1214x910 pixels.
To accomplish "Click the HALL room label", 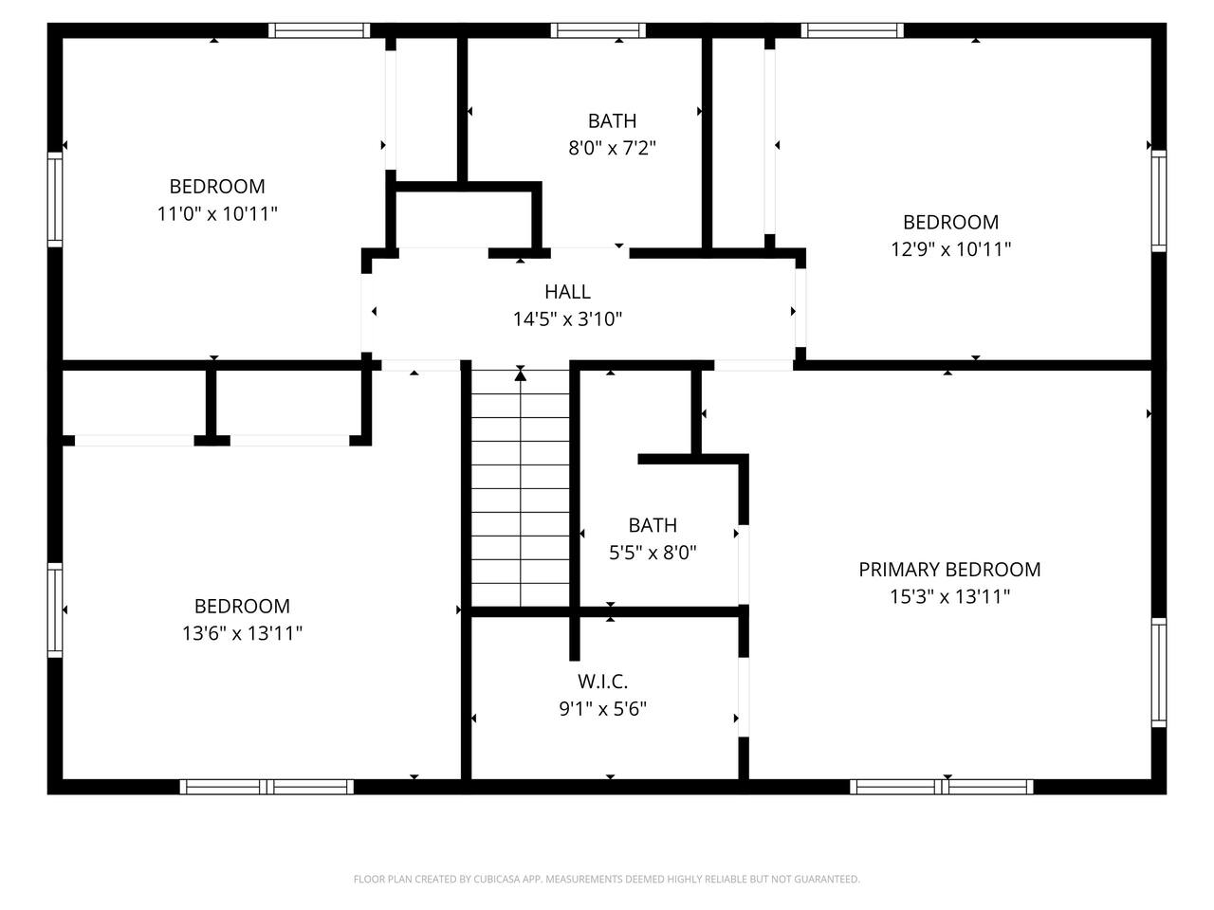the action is (x=567, y=292).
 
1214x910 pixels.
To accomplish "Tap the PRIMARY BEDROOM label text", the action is (x=949, y=570).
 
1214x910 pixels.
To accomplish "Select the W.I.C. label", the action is (x=603, y=682).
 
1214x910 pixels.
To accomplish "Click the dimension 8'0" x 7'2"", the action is (x=613, y=148).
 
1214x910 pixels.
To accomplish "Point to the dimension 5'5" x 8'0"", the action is (x=653, y=552).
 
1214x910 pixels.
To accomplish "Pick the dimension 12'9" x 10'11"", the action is (x=950, y=249).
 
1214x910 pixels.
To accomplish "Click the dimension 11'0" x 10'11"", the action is (x=217, y=213).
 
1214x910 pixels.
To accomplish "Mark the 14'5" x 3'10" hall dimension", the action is (x=567, y=318).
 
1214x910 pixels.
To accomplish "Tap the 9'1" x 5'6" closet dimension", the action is (x=603, y=708).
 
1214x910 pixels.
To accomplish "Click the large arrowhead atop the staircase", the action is (x=520, y=375).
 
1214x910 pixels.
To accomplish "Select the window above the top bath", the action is (x=598, y=30).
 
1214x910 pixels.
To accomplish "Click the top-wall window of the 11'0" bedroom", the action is (x=319, y=30).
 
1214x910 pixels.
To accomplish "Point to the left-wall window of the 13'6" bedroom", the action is (x=55, y=610).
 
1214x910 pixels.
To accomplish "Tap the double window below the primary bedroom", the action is (x=942, y=787).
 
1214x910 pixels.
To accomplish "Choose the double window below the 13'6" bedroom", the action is (x=267, y=787).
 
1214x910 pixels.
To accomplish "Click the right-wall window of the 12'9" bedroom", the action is (x=1159, y=201).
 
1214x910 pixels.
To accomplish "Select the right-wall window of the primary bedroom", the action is (x=1159, y=672).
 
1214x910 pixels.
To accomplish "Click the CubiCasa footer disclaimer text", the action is (x=607, y=879).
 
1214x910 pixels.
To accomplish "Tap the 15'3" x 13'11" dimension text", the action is (x=949, y=597).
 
